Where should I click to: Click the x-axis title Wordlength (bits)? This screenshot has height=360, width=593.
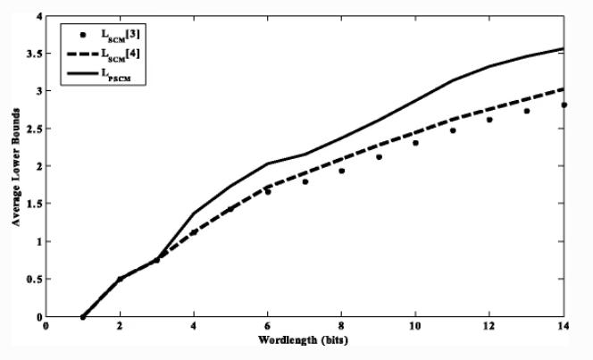305,340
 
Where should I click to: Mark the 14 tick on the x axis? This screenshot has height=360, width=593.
564,327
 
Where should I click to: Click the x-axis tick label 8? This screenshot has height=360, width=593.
341,327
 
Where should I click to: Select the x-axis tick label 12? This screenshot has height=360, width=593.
489,327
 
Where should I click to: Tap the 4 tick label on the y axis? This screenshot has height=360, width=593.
38,16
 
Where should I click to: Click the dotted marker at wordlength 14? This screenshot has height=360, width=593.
564,105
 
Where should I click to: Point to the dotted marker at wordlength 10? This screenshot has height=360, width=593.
415,143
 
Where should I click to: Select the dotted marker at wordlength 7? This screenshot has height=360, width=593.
305,181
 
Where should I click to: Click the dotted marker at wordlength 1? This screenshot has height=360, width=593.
83,316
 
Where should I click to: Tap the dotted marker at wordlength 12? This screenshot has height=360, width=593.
489,120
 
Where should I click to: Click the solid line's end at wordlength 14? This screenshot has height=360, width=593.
564,48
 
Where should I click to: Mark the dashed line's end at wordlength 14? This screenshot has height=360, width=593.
564,88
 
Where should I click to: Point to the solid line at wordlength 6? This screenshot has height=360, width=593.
268,163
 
